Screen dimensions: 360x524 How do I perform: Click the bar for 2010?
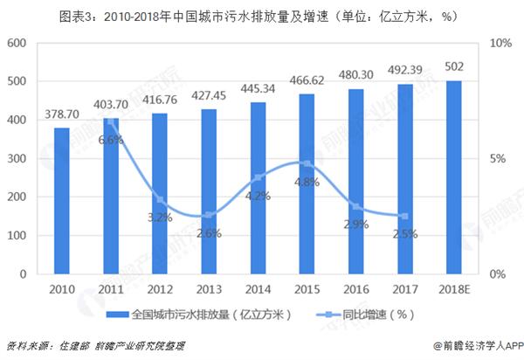pos(61,201)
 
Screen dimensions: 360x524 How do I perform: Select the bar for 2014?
pos(258,188)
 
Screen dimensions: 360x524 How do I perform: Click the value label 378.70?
pos(61,114)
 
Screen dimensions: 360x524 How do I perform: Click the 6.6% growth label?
pos(111,139)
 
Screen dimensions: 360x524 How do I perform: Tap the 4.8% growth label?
pos(307,182)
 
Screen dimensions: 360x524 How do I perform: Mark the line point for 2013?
pos(209,215)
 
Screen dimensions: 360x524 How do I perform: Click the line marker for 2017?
pos(404,217)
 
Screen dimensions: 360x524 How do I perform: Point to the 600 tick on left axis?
pos(17,43)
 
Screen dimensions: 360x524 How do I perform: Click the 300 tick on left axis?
pos(17,159)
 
